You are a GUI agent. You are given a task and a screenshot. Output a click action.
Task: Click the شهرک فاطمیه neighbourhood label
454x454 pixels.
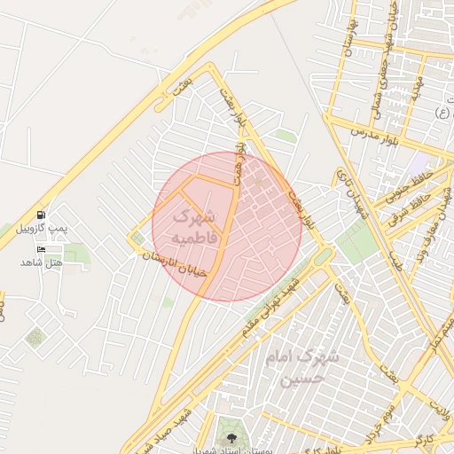coord(191,227)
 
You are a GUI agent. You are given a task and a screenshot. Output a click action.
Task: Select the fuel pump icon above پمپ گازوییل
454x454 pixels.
coord(41,215)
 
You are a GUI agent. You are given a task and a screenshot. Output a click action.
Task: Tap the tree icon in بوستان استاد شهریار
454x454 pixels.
coord(231,437)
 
